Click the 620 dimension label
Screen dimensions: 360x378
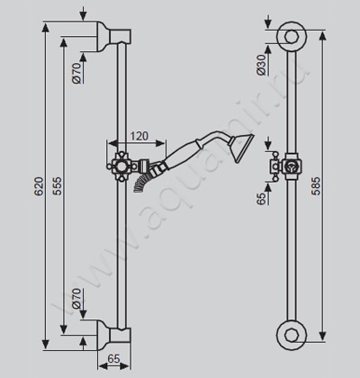(39, 186)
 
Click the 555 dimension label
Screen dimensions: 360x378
(57, 186)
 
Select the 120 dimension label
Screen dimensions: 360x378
(139, 136)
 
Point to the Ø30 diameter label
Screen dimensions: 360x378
(261, 65)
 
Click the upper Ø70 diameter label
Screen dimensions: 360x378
(76, 73)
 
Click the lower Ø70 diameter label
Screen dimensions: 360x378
(76, 299)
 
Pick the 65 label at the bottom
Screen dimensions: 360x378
(113, 358)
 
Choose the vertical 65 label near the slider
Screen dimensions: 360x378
(261, 199)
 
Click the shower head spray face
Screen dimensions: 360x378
(241, 148)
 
